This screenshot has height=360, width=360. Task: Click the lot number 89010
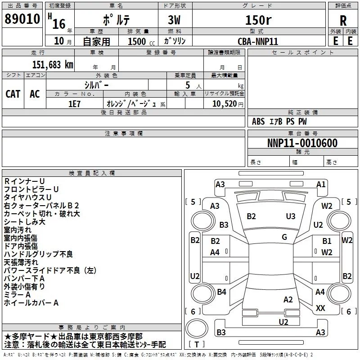[22, 20]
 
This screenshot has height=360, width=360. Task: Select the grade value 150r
[258, 20]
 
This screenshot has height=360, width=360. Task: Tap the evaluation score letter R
[343, 21]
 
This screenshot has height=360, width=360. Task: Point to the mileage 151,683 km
[52, 64]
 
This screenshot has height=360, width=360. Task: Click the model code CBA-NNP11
[258, 41]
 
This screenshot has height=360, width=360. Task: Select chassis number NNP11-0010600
[302, 143]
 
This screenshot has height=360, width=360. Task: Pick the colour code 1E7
[74, 103]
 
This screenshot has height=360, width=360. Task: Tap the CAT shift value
[13, 94]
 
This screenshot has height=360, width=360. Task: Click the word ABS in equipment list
[258, 121]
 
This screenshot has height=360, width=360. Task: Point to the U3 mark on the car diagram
[291, 216]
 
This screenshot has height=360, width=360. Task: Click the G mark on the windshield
[284, 237]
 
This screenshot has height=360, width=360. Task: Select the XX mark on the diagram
[320, 308]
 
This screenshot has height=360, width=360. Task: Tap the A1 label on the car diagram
[321, 184]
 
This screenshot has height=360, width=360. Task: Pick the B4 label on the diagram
[221, 292]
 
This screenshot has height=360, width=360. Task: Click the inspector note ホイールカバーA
[31, 303]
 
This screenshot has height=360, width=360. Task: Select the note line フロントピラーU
[31, 189]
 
